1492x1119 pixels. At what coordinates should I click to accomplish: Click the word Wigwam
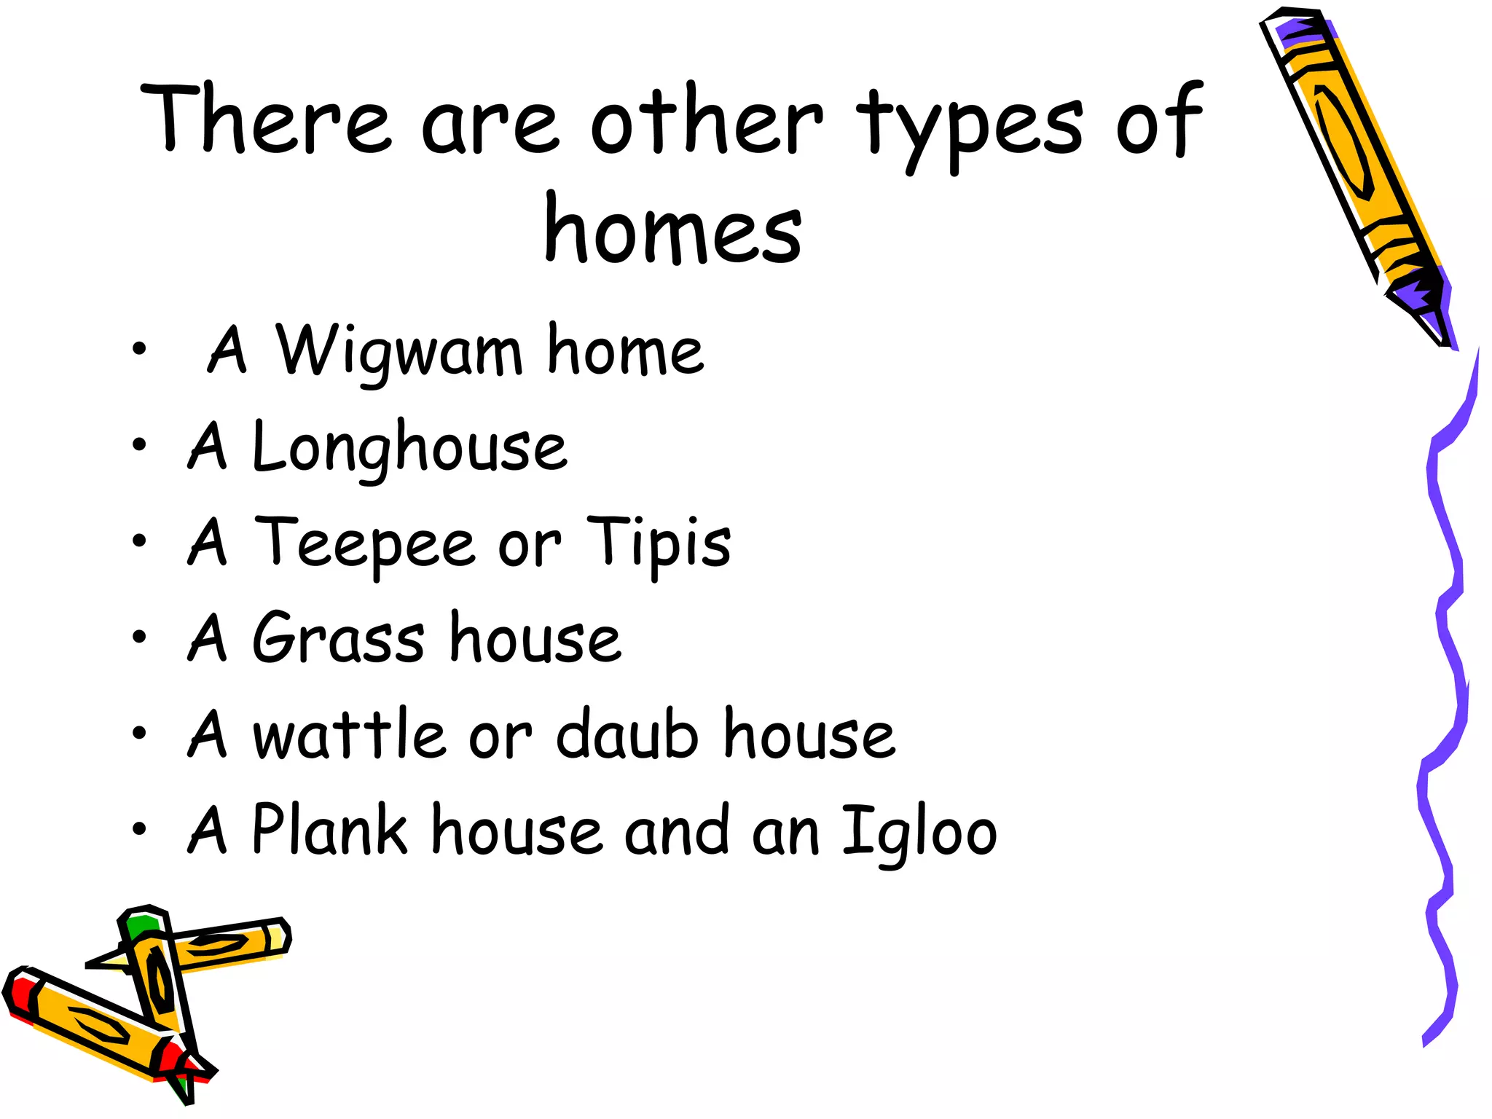tap(398, 353)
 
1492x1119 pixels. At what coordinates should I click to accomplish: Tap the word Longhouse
tap(409, 447)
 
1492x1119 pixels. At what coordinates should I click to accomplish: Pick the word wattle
tap(348, 734)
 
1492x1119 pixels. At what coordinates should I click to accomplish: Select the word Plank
tap(329, 831)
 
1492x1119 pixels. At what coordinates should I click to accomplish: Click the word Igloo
tap(919, 831)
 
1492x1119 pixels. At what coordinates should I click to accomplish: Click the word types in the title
tap(970, 124)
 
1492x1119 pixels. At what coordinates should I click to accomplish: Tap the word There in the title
tap(267, 119)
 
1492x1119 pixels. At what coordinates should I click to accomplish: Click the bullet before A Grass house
tap(139, 637)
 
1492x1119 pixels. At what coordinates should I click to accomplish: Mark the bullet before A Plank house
tap(139, 829)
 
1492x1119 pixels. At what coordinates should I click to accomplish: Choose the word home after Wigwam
tap(625, 351)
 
